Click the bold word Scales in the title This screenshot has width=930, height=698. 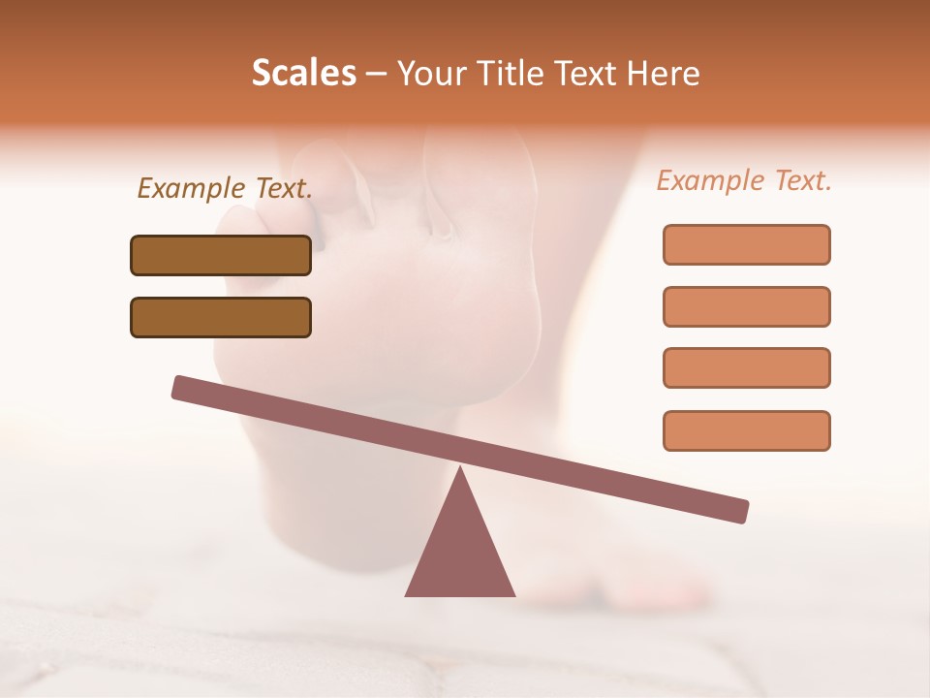pos(303,73)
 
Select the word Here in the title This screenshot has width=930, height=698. pos(665,73)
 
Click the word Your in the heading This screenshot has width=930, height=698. pos(432,73)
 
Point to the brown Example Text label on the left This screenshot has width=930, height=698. pos(225,188)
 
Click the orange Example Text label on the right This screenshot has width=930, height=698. pos(744,180)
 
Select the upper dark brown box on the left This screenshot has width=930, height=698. pos(221,255)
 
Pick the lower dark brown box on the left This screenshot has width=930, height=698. pos(221,317)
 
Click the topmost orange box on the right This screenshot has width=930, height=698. pos(746,244)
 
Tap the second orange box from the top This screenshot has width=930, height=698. pos(746,306)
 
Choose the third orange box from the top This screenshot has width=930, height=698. pos(746,368)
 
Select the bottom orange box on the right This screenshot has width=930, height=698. pos(746,430)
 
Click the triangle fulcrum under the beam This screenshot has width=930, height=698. pos(460,553)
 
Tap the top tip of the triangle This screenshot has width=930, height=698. pos(460,471)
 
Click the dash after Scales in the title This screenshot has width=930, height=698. pos(377,74)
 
